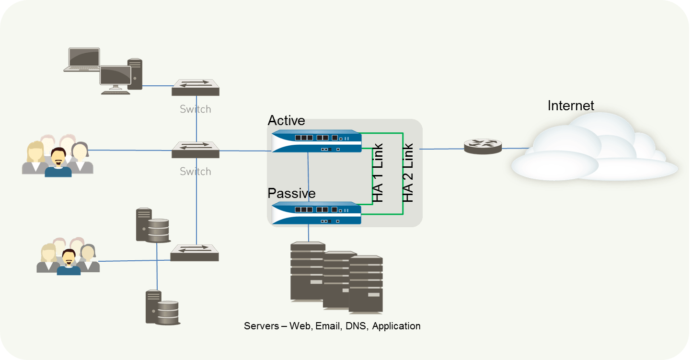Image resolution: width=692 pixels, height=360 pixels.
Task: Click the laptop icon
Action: coord(82,59)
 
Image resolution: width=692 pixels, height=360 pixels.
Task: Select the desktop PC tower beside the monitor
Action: coord(135,74)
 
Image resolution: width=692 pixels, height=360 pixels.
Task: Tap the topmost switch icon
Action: coord(196,87)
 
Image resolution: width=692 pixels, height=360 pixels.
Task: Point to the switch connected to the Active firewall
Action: coord(196,150)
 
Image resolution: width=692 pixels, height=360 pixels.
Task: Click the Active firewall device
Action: coord(316,141)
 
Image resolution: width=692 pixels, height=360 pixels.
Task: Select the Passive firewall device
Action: coord(316,213)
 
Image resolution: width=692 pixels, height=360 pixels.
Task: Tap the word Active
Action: coord(286,120)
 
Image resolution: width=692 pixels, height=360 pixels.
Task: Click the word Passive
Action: coord(291,193)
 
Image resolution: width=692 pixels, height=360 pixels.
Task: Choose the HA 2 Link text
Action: coord(408,172)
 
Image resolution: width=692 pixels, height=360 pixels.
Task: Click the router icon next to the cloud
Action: coord(483,146)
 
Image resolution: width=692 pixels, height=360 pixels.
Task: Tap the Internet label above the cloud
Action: coord(571,105)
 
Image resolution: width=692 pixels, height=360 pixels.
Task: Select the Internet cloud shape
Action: coord(594,151)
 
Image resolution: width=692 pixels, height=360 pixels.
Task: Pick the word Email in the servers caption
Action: coord(325,326)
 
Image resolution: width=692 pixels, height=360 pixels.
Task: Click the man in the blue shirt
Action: coord(58,163)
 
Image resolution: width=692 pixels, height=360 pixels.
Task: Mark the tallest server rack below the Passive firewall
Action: coord(308,271)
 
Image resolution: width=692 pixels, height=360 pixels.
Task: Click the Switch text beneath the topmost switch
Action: coord(195,109)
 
